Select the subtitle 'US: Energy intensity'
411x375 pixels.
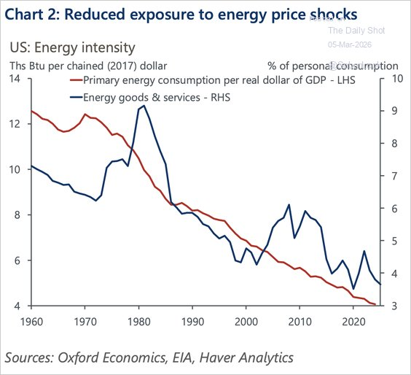72,48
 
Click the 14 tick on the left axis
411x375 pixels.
15,79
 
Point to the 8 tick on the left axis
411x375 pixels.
17,215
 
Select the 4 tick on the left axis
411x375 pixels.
17,306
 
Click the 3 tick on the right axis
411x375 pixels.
394,306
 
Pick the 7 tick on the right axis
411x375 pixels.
394,177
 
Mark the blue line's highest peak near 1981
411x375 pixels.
144,106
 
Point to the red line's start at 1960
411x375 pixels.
31,111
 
